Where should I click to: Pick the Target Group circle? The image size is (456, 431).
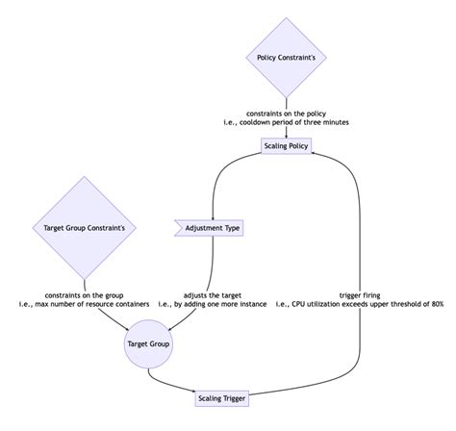pyautogui.click(x=148, y=342)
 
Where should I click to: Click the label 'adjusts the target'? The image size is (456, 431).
pyautogui.click(x=212, y=294)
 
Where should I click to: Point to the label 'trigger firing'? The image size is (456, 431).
pyautogui.click(x=360, y=294)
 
